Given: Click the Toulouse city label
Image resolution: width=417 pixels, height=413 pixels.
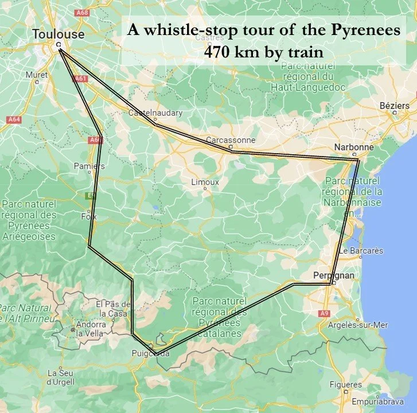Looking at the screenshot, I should (58, 34).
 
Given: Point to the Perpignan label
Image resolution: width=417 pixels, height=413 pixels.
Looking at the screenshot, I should (334, 275).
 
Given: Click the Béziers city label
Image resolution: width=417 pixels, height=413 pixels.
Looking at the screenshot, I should (395, 106).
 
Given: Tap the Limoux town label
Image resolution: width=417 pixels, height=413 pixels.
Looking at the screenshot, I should (206, 182).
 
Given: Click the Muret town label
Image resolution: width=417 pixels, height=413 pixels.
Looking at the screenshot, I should (37, 75).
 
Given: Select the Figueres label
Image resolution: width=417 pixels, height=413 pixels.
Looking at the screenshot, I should (344, 384).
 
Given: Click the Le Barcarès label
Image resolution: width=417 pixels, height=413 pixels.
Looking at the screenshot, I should (361, 251).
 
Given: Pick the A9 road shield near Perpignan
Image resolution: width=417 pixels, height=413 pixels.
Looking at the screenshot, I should (325, 313).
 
